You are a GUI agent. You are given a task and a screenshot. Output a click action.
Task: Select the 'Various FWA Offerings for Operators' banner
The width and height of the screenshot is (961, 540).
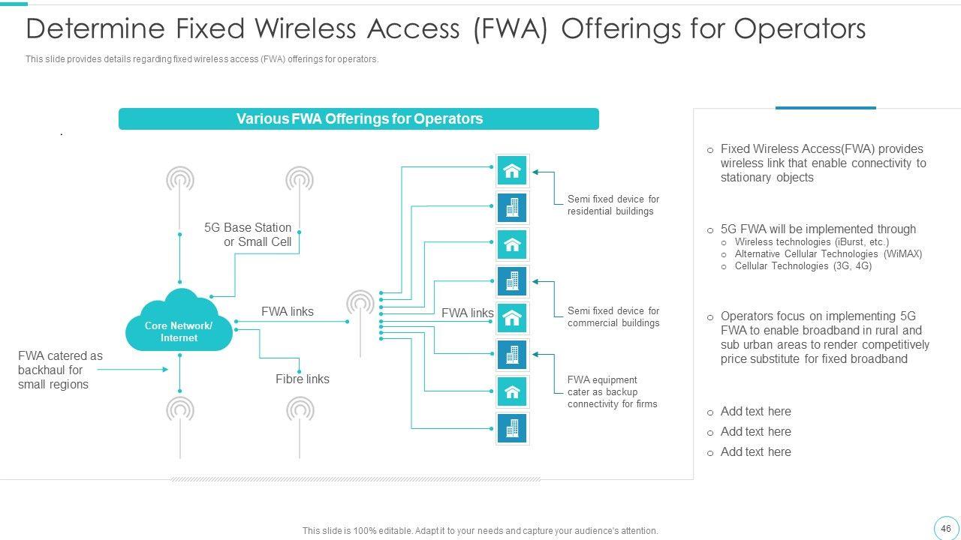[359, 119]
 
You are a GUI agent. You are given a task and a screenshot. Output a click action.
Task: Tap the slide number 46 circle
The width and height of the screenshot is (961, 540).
[945, 528]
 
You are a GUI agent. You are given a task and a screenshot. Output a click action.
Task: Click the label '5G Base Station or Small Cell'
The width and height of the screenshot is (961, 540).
[248, 235]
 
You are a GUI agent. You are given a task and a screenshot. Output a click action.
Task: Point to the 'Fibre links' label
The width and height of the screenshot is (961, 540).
[303, 379]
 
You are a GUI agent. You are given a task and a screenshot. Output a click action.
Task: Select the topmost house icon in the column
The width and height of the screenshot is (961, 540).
[512, 171]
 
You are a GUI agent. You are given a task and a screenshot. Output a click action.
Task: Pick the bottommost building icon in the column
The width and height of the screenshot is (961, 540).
[512, 428]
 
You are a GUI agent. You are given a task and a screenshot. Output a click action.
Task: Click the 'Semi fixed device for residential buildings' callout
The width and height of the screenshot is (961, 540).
[613, 205]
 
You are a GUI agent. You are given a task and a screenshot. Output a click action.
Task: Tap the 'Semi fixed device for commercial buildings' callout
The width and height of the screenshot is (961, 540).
[613, 316]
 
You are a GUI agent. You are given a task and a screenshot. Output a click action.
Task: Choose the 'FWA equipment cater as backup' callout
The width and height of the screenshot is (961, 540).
[612, 391]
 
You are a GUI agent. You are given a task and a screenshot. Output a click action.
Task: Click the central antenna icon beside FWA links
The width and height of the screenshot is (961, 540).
[360, 304]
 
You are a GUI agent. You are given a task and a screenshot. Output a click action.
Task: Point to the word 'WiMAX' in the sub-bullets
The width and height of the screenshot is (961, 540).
[903, 254]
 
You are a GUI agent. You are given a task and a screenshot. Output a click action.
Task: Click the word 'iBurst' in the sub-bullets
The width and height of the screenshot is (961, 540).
[851, 242]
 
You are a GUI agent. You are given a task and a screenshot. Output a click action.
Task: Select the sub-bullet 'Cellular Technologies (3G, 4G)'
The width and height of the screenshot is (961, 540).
[803, 266]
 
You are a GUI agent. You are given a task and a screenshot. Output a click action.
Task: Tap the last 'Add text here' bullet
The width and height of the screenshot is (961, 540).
[755, 452]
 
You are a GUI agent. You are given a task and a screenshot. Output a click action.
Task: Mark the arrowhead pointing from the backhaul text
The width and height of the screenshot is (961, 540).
[164, 369]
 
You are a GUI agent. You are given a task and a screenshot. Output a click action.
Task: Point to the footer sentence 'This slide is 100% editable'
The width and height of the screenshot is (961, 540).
[480, 531]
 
